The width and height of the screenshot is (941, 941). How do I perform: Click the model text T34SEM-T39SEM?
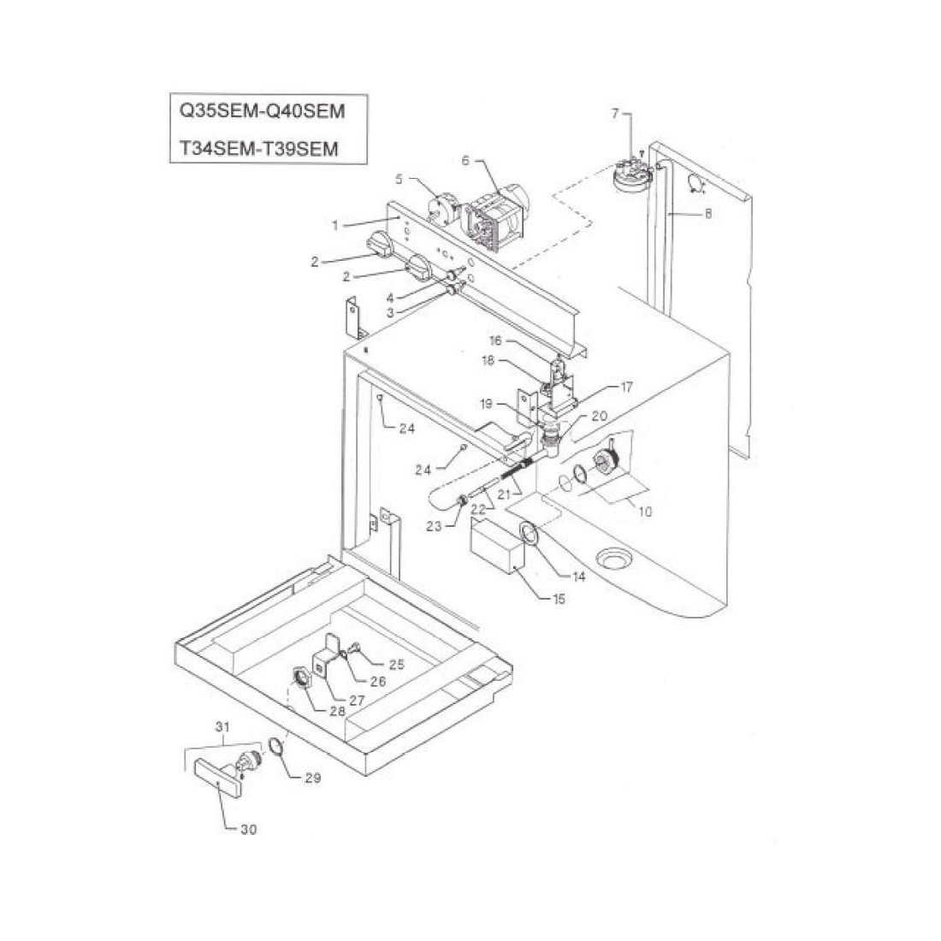tap(259, 148)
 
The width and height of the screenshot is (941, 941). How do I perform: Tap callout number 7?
tap(614, 114)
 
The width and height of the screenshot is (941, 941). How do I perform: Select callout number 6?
tap(466, 161)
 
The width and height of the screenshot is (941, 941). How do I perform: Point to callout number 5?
tap(399, 179)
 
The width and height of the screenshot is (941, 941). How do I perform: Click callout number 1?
tap(336, 225)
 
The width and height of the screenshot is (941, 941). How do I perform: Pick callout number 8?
tap(708, 215)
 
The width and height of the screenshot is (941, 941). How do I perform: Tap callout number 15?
tap(559, 600)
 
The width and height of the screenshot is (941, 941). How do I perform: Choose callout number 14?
tap(579, 577)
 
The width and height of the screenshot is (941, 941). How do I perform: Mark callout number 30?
tap(247, 829)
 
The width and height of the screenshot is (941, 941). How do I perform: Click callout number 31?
tap(223, 727)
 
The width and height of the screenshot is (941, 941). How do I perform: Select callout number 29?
tap(313, 779)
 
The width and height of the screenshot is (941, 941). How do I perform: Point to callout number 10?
tap(645, 512)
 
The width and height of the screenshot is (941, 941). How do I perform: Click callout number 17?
tap(626, 388)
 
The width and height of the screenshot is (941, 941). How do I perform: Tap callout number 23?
tap(435, 527)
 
